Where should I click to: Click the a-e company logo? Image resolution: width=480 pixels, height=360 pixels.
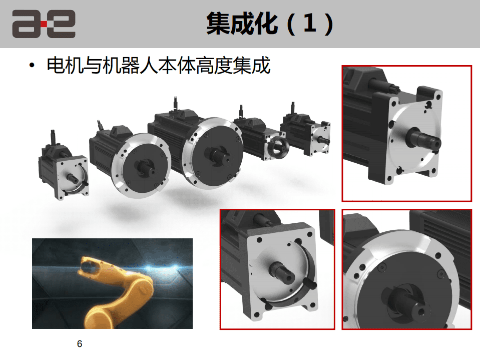(44, 24)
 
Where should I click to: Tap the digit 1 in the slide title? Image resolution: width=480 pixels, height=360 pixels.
(309, 24)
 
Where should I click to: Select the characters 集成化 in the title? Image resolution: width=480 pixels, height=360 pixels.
(242, 24)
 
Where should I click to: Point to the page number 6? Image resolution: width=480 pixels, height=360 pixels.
(80, 344)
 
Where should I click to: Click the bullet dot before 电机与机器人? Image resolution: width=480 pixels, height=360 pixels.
(32, 65)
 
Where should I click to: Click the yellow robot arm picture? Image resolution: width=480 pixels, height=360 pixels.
(112, 284)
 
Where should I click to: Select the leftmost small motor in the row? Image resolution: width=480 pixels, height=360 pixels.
(64, 167)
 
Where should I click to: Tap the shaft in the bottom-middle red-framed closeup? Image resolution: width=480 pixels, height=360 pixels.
(282, 271)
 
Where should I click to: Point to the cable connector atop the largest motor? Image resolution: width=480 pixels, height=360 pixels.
(175, 104)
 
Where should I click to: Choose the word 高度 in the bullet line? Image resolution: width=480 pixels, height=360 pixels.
(214, 65)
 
